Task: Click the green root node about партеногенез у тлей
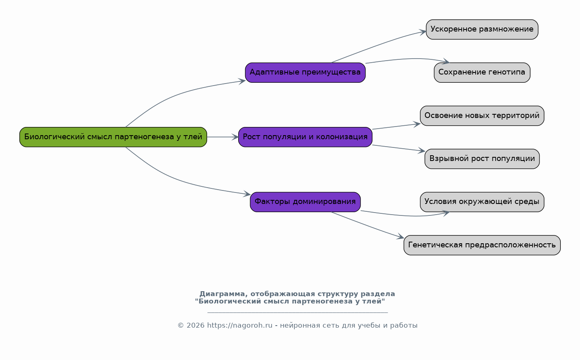(113, 137)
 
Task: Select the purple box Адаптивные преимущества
(305, 72)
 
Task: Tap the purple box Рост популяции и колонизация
(305, 137)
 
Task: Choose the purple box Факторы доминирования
(305, 202)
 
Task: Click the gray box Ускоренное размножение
(482, 29)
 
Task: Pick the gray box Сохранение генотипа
(482, 72)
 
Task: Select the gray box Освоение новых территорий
(482, 116)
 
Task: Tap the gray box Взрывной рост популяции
(482, 159)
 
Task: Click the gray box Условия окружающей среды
(482, 202)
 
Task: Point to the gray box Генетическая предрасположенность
(482, 245)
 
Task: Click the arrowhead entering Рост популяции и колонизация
(235, 137)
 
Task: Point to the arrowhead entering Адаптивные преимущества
(242, 82)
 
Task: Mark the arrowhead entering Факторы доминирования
(247, 194)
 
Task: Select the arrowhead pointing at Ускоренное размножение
(423, 32)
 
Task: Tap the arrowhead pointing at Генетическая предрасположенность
(401, 237)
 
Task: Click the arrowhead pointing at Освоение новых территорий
(417, 125)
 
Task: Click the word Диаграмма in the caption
(222, 294)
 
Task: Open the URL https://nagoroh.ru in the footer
(240, 326)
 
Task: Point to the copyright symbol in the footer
(181, 326)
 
